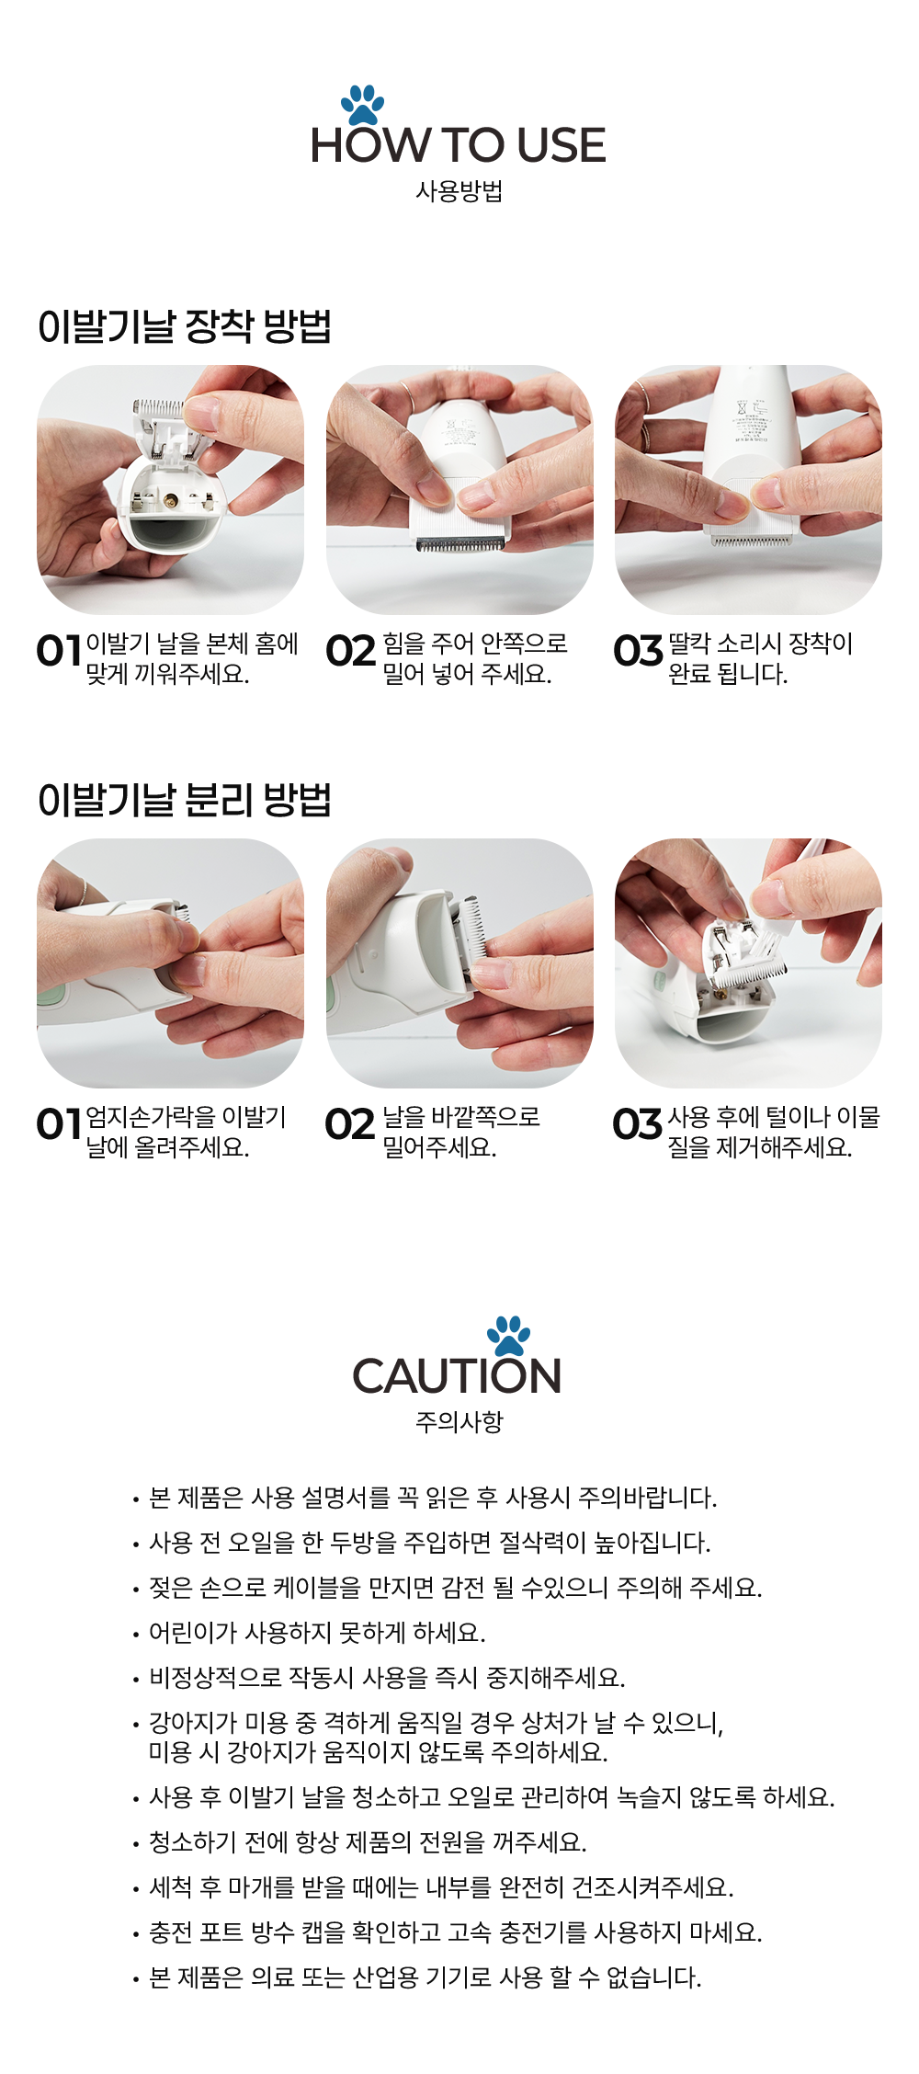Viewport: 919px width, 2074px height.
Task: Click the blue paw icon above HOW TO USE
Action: [362, 105]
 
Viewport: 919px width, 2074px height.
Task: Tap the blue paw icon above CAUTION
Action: [508, 1337]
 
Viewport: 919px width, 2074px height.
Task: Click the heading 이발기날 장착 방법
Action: [185, 326]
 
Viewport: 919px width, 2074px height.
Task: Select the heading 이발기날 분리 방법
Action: [185, 800]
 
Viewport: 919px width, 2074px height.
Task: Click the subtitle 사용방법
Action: [459, 191]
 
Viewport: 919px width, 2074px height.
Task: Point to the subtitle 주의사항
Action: [459, 1422]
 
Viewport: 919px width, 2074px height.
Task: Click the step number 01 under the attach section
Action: [60, 651]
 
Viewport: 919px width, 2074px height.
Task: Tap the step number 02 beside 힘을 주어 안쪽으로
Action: [351, 651]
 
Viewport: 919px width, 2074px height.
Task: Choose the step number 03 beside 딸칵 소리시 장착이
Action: [638, 651]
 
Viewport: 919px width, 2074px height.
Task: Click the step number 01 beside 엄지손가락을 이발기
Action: [60, 1123]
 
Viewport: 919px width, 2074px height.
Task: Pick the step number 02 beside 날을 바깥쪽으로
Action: [350, 1123]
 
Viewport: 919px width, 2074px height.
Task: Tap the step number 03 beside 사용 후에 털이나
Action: [637, 1123]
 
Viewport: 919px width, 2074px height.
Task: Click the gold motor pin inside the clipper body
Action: [171, 501]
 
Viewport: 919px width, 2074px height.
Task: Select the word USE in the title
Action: [561, 145]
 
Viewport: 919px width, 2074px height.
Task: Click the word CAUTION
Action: [457, 1376]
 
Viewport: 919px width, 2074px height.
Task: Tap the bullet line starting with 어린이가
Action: [309, 1633]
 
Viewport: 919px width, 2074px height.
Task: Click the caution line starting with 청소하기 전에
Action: [359, 1842]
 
